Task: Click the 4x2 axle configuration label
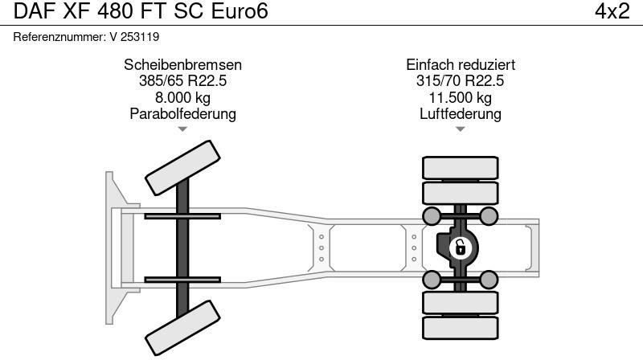(611, 12)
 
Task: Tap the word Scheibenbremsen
(182, 65)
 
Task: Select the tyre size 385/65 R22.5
(182, 81)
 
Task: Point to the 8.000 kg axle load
(182, 97)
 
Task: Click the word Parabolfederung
(182, 113)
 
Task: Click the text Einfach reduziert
(461, 65)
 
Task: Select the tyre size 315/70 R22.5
(461, 81)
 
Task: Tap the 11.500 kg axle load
(461, 97)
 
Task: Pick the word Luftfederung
(461, 113)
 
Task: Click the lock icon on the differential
(460, 247)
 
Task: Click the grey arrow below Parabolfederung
(182, 129)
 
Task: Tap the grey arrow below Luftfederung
(461, 129)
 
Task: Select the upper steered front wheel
(182, 166)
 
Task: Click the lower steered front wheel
(182, 327)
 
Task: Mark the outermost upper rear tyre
(461, 167)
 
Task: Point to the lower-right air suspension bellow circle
(489, 280)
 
